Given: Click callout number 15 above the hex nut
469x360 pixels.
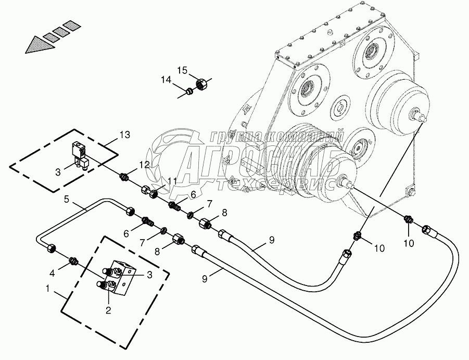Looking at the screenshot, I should click(x=181, y=70).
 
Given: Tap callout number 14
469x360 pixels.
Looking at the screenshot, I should click(x=166, y=80).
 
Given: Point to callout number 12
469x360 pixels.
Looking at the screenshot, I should click(x=144, y=165).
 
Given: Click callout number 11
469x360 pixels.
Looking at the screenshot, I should click(x=172, y=181).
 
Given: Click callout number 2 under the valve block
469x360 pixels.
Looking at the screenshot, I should click(x=108, y=310).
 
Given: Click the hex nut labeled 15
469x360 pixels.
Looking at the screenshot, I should click(x=202, y=83).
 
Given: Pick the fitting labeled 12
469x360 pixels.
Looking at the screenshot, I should click(x=125, y=178).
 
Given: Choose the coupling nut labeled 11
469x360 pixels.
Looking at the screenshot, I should click(x=149, y=192).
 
